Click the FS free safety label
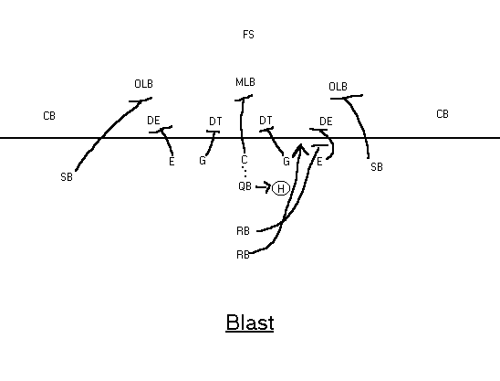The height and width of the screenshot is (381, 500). pos(248,35)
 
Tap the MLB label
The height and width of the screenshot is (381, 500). pos(245,82)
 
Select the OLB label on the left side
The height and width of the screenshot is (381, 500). pos(143,84)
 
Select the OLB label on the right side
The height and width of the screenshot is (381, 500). pos(338,87)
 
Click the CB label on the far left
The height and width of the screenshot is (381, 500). pos(49,116)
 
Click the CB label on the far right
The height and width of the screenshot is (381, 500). pos(443,114)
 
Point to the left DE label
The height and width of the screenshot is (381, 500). pos(153,121)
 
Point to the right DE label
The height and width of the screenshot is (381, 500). pos(326,122)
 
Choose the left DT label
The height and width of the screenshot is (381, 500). pos(215,122)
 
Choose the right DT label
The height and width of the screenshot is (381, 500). pos(266,121)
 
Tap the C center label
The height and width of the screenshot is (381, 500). pos(245,159)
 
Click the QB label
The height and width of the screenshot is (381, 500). pos(245,185)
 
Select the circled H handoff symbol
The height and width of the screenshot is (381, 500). pos(281,189)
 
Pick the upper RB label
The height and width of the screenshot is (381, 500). pos(243,231)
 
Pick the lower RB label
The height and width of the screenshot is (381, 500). pos(243,255)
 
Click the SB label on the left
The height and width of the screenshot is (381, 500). pos(67,177)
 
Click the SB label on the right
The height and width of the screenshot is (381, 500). pos(377,166)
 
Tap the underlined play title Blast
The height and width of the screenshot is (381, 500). pos(250,323)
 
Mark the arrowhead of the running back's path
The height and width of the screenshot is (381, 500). pos(300,146)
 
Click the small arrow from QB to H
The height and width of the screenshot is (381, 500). pos(264,186)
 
